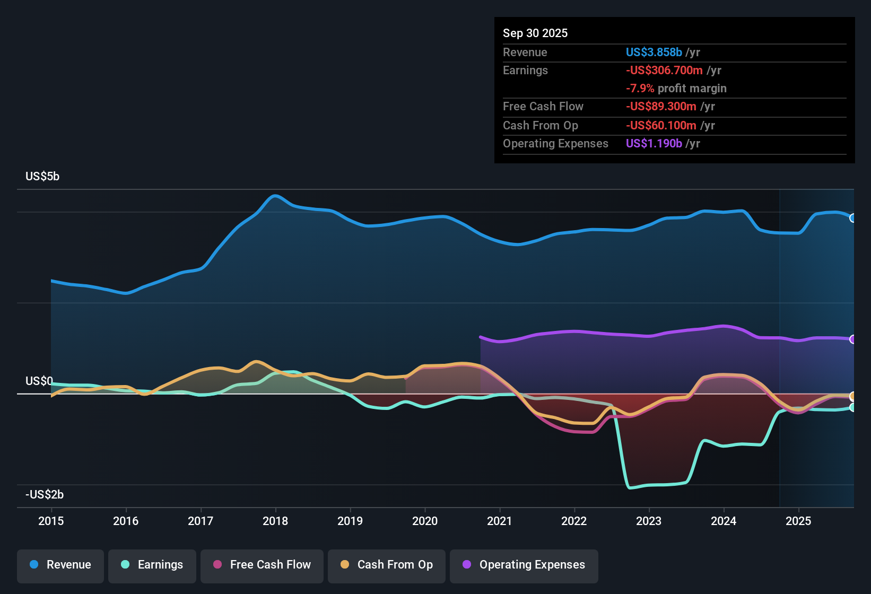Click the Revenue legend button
point(60,565)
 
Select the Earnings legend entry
point(152,565)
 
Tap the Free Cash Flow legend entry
point(262,565)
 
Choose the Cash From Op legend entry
point(387,565)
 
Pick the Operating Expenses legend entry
point(524,565)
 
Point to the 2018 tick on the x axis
point(275,521)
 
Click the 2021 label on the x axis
point(500,521)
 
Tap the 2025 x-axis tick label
point(798,521)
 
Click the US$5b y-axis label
point(42,177)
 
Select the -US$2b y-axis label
point(45,495)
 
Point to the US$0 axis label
point(39,381)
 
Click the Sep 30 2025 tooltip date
point(535,33)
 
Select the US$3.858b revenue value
point(654,53)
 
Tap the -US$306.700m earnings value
point(664,71)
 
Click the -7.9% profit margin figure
point(640,89)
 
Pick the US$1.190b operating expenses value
point(654,144)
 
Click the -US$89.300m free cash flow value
point(661,107)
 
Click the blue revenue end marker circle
point(852,218)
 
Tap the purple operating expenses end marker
point(852,339)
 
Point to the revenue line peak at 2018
point(274,196)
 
